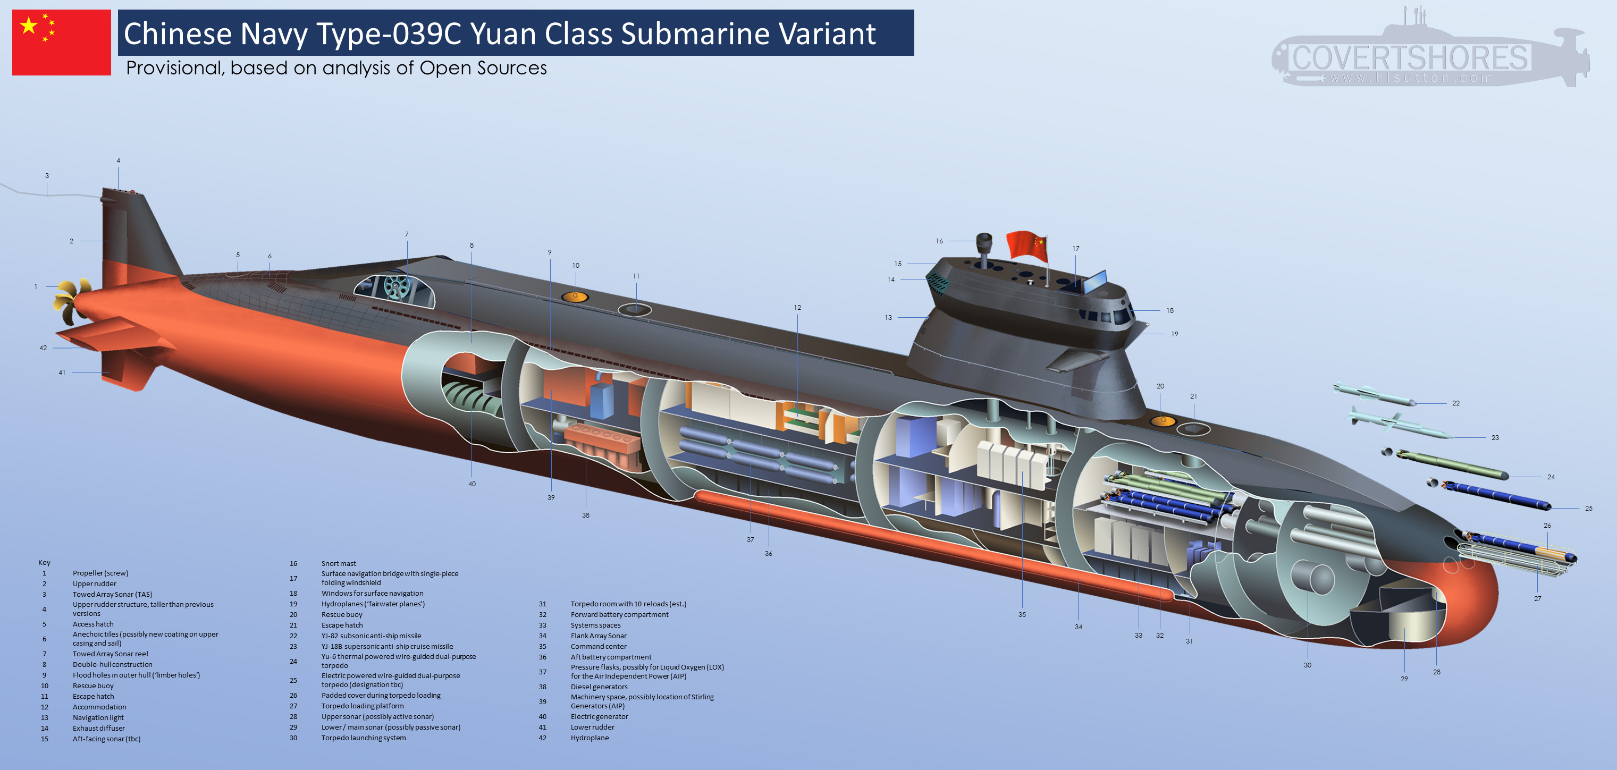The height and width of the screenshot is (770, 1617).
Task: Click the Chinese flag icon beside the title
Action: [62, 43]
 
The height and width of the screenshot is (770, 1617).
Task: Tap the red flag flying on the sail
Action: [1027, 245]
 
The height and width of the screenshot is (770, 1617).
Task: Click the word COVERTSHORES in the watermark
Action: [1409, 58]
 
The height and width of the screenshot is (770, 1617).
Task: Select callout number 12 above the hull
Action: [797, 308]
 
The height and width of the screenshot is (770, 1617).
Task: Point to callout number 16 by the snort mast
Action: [939, 241]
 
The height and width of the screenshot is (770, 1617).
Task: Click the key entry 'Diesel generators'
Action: [599, 687]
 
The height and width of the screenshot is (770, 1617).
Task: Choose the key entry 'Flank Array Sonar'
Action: [598, 636]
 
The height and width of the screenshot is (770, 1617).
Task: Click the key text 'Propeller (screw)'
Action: [100, 573]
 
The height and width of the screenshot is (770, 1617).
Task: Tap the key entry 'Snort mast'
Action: [339, 563]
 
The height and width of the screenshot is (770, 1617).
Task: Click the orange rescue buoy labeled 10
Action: [575, 296]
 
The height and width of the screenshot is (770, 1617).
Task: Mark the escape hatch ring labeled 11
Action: [635, 309]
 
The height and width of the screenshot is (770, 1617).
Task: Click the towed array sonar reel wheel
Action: [396, 287]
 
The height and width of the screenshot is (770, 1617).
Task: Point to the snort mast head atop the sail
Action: [983, 240]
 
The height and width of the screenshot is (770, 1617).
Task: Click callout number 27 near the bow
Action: [1537, 599]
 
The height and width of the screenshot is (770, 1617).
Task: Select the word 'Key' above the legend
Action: [44, 562]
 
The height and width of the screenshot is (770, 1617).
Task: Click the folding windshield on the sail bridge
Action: [1096, 281]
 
